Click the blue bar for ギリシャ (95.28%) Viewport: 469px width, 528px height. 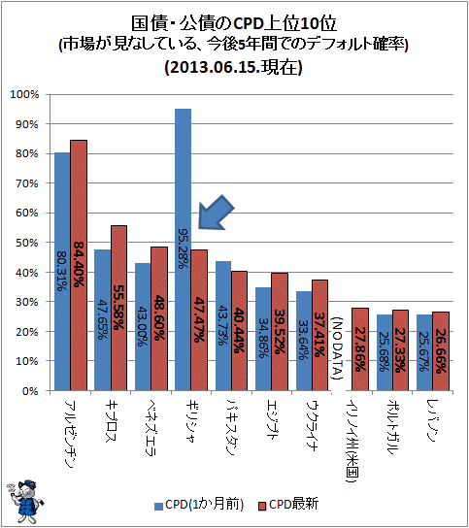pyautogui.click(x=183, y=249)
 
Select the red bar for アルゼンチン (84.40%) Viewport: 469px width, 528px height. pyautogui.click(x=79, y=265)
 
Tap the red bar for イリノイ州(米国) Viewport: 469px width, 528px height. pyautogui.click(x=360, y=349)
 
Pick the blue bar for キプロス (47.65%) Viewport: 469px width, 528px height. pyautogui.click(x=102, y=320)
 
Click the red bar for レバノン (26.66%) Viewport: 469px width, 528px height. pyautogui.click(x=441, y=351)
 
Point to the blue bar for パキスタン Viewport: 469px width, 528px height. pyautogui.click(x=223, y=325)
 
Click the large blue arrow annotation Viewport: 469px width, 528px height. pyautogui.click(x=216, y=213)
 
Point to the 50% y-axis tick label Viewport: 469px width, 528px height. pyautogui.click(x=27, y=243)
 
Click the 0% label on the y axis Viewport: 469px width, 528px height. pyautogui.click(x=30, y=391)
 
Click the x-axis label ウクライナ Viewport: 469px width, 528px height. pyautogui.click(x=312, y=425)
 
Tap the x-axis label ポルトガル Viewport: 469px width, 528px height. pyautogui.click(x=392, y=427)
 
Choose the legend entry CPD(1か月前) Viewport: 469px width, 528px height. pyautogui.click(x=199, y=505)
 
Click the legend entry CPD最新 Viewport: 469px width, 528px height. pyautogui.click(x=288, y=505)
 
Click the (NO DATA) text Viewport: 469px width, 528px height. pyautogui.click(x=337, y=347)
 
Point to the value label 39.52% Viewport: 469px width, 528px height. pyautogui.click(x=280, y=332)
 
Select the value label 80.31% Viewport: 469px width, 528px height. pyautogui.click(x=61, y=271)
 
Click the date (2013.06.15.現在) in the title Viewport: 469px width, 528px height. pyautogui.click(x=233, y=67)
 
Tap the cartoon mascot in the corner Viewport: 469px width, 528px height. pyautogui.click(x=24, y=502)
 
